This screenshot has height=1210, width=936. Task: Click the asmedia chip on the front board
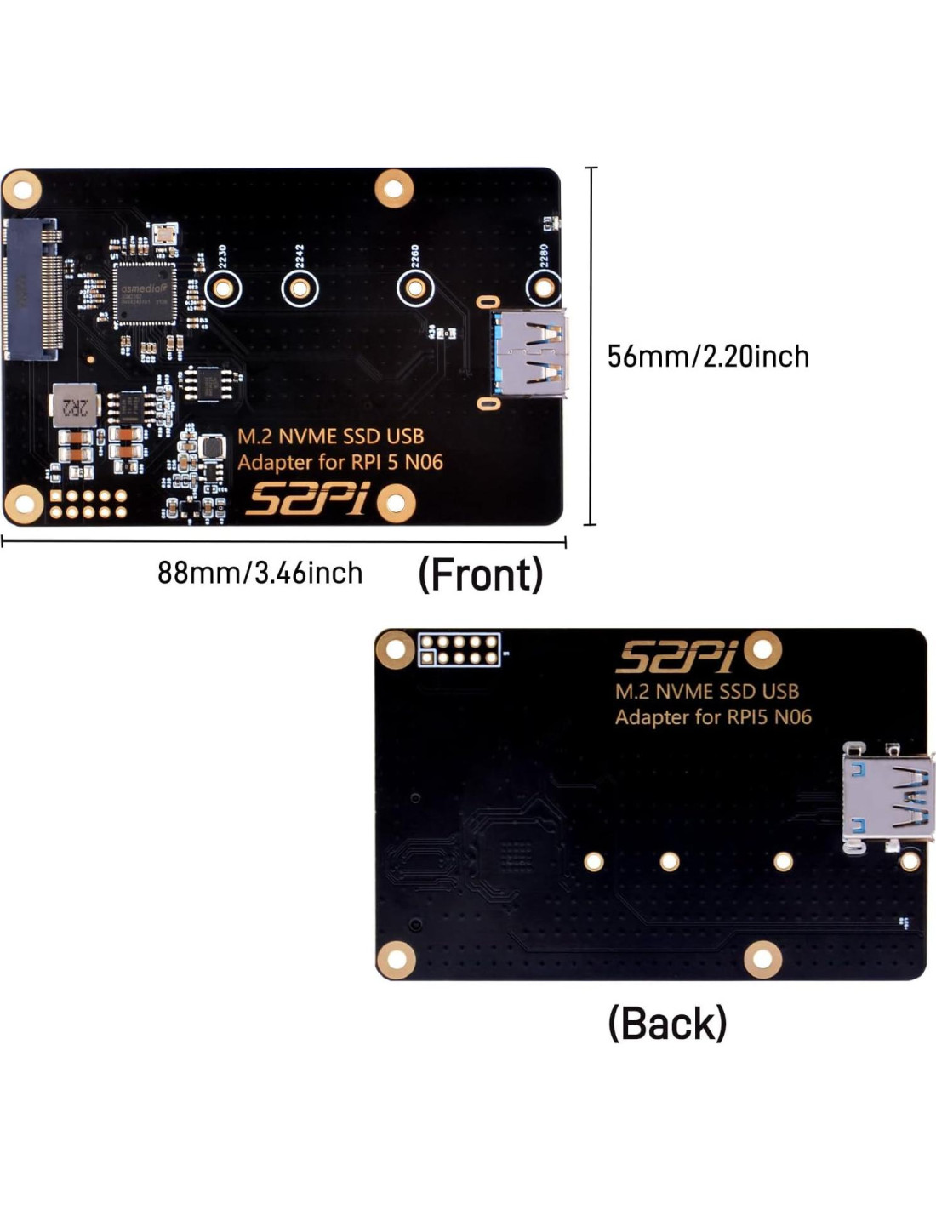(145, 293)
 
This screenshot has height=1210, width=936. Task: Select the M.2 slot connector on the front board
(33, 289)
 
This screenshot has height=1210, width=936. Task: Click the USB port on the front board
(528, 354)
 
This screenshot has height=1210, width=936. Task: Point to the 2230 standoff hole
(223, 289)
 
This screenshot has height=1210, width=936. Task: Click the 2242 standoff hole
(300, 289)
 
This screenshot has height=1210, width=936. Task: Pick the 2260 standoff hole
(414, 289)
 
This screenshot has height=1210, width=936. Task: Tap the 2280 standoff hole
(545, 288)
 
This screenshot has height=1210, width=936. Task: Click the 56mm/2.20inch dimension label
(708, 356)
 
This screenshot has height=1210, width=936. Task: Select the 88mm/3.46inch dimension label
(260, 573)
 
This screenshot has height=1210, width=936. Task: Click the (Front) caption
(480, 574)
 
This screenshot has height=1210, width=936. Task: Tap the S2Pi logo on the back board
(676, 656)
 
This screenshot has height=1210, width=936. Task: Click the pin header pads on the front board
(88, 504)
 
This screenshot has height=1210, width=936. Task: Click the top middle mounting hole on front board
(393, 187)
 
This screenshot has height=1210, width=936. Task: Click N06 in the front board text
(422, 463)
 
